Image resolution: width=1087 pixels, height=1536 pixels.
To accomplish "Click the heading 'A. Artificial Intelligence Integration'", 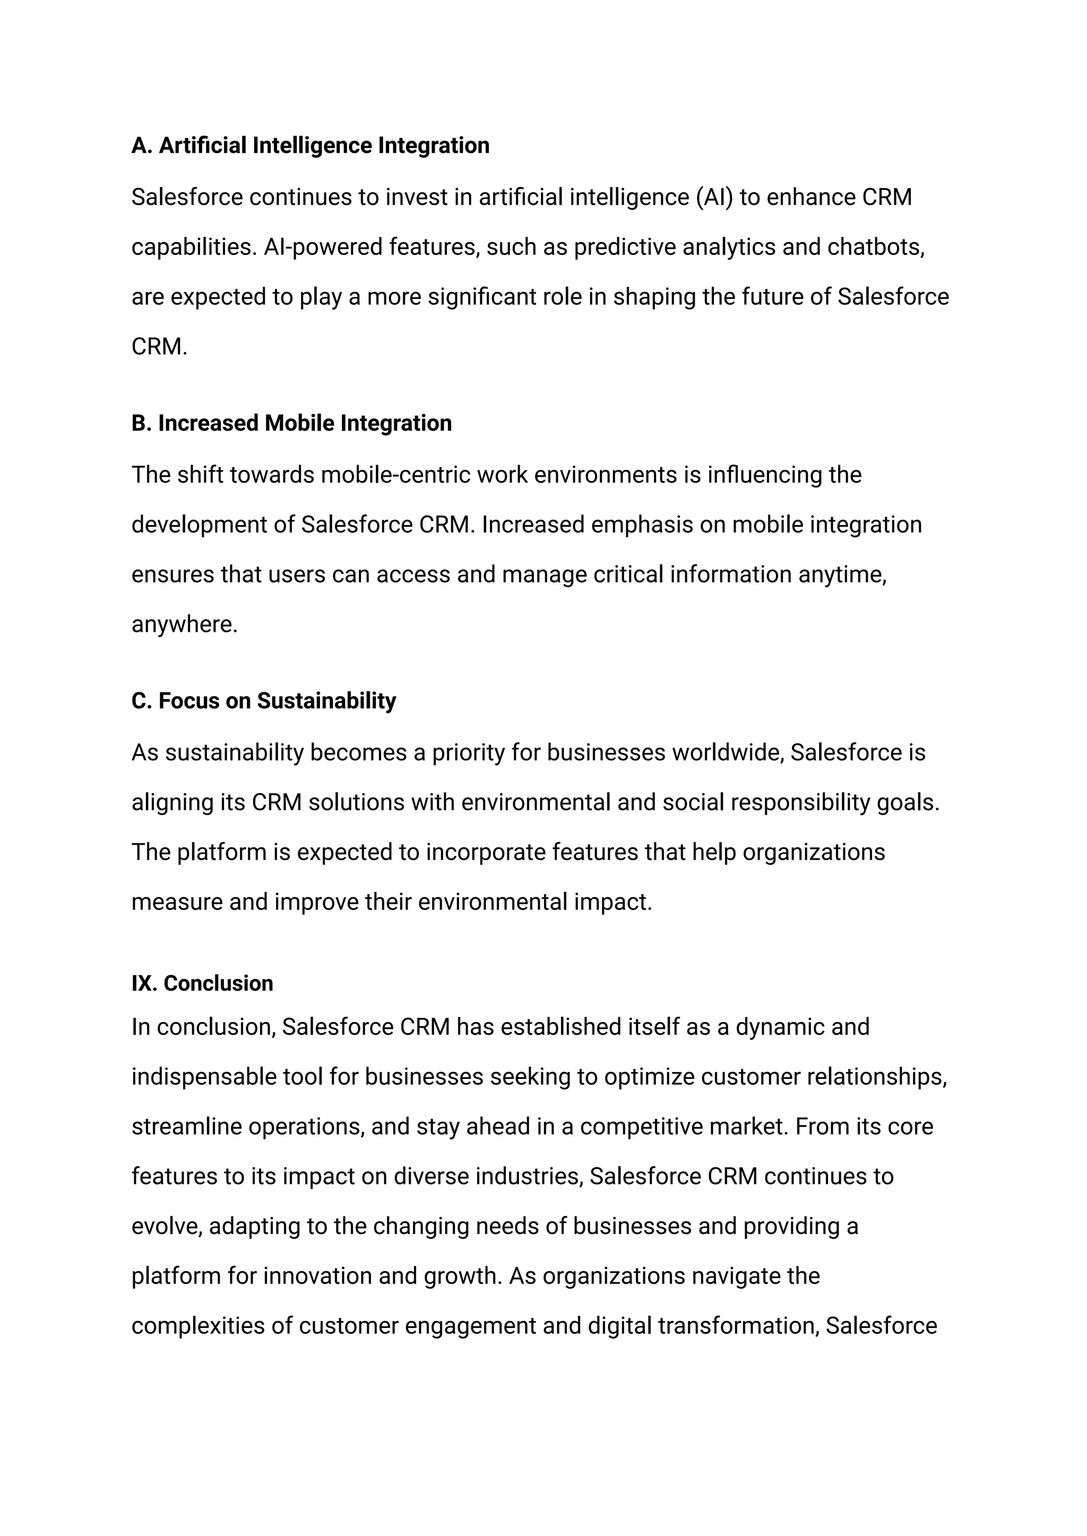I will [310, 145].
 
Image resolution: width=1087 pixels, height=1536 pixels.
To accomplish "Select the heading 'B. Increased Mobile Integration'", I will [291, 423].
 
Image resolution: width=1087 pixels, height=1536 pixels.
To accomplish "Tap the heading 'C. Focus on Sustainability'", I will [264, 700].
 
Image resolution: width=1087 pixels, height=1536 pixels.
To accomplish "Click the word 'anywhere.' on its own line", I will [185, 624].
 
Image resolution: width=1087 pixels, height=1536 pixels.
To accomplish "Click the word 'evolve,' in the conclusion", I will [167, 1226].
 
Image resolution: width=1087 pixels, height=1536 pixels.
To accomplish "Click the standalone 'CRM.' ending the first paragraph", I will [159, 347].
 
